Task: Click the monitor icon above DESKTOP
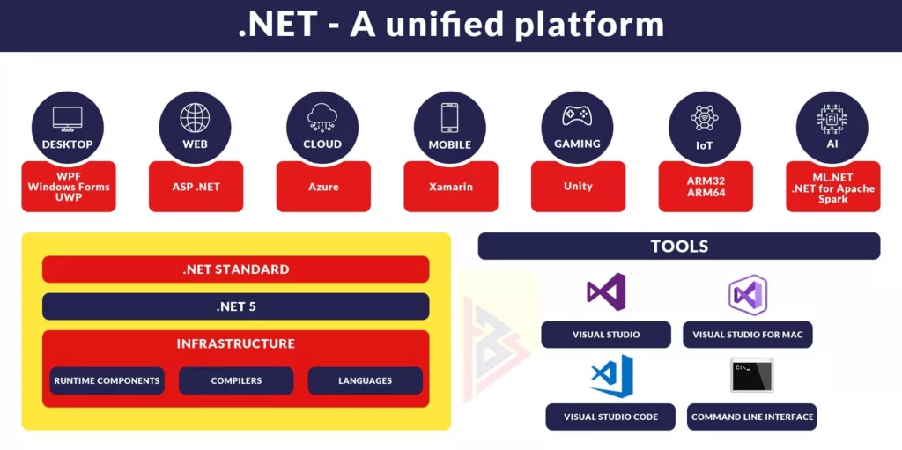67,118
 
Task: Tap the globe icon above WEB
195,118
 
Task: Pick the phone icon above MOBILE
450,118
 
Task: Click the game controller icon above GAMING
577,117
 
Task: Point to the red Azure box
322,187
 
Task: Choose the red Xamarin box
450,187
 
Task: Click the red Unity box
578,187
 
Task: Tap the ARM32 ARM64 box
706,187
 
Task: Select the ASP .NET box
195,187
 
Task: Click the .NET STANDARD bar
235,269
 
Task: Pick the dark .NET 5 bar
235,306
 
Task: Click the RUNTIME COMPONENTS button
107,380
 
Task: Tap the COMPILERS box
236,380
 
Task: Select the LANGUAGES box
365,380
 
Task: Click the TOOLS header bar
678,247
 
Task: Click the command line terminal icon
751,375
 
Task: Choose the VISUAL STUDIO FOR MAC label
748,335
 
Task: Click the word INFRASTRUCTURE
235,343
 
